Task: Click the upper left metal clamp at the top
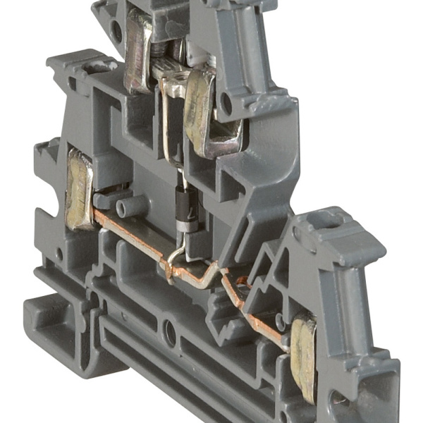pos(137,60)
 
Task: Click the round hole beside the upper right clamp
pos(226,105)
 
